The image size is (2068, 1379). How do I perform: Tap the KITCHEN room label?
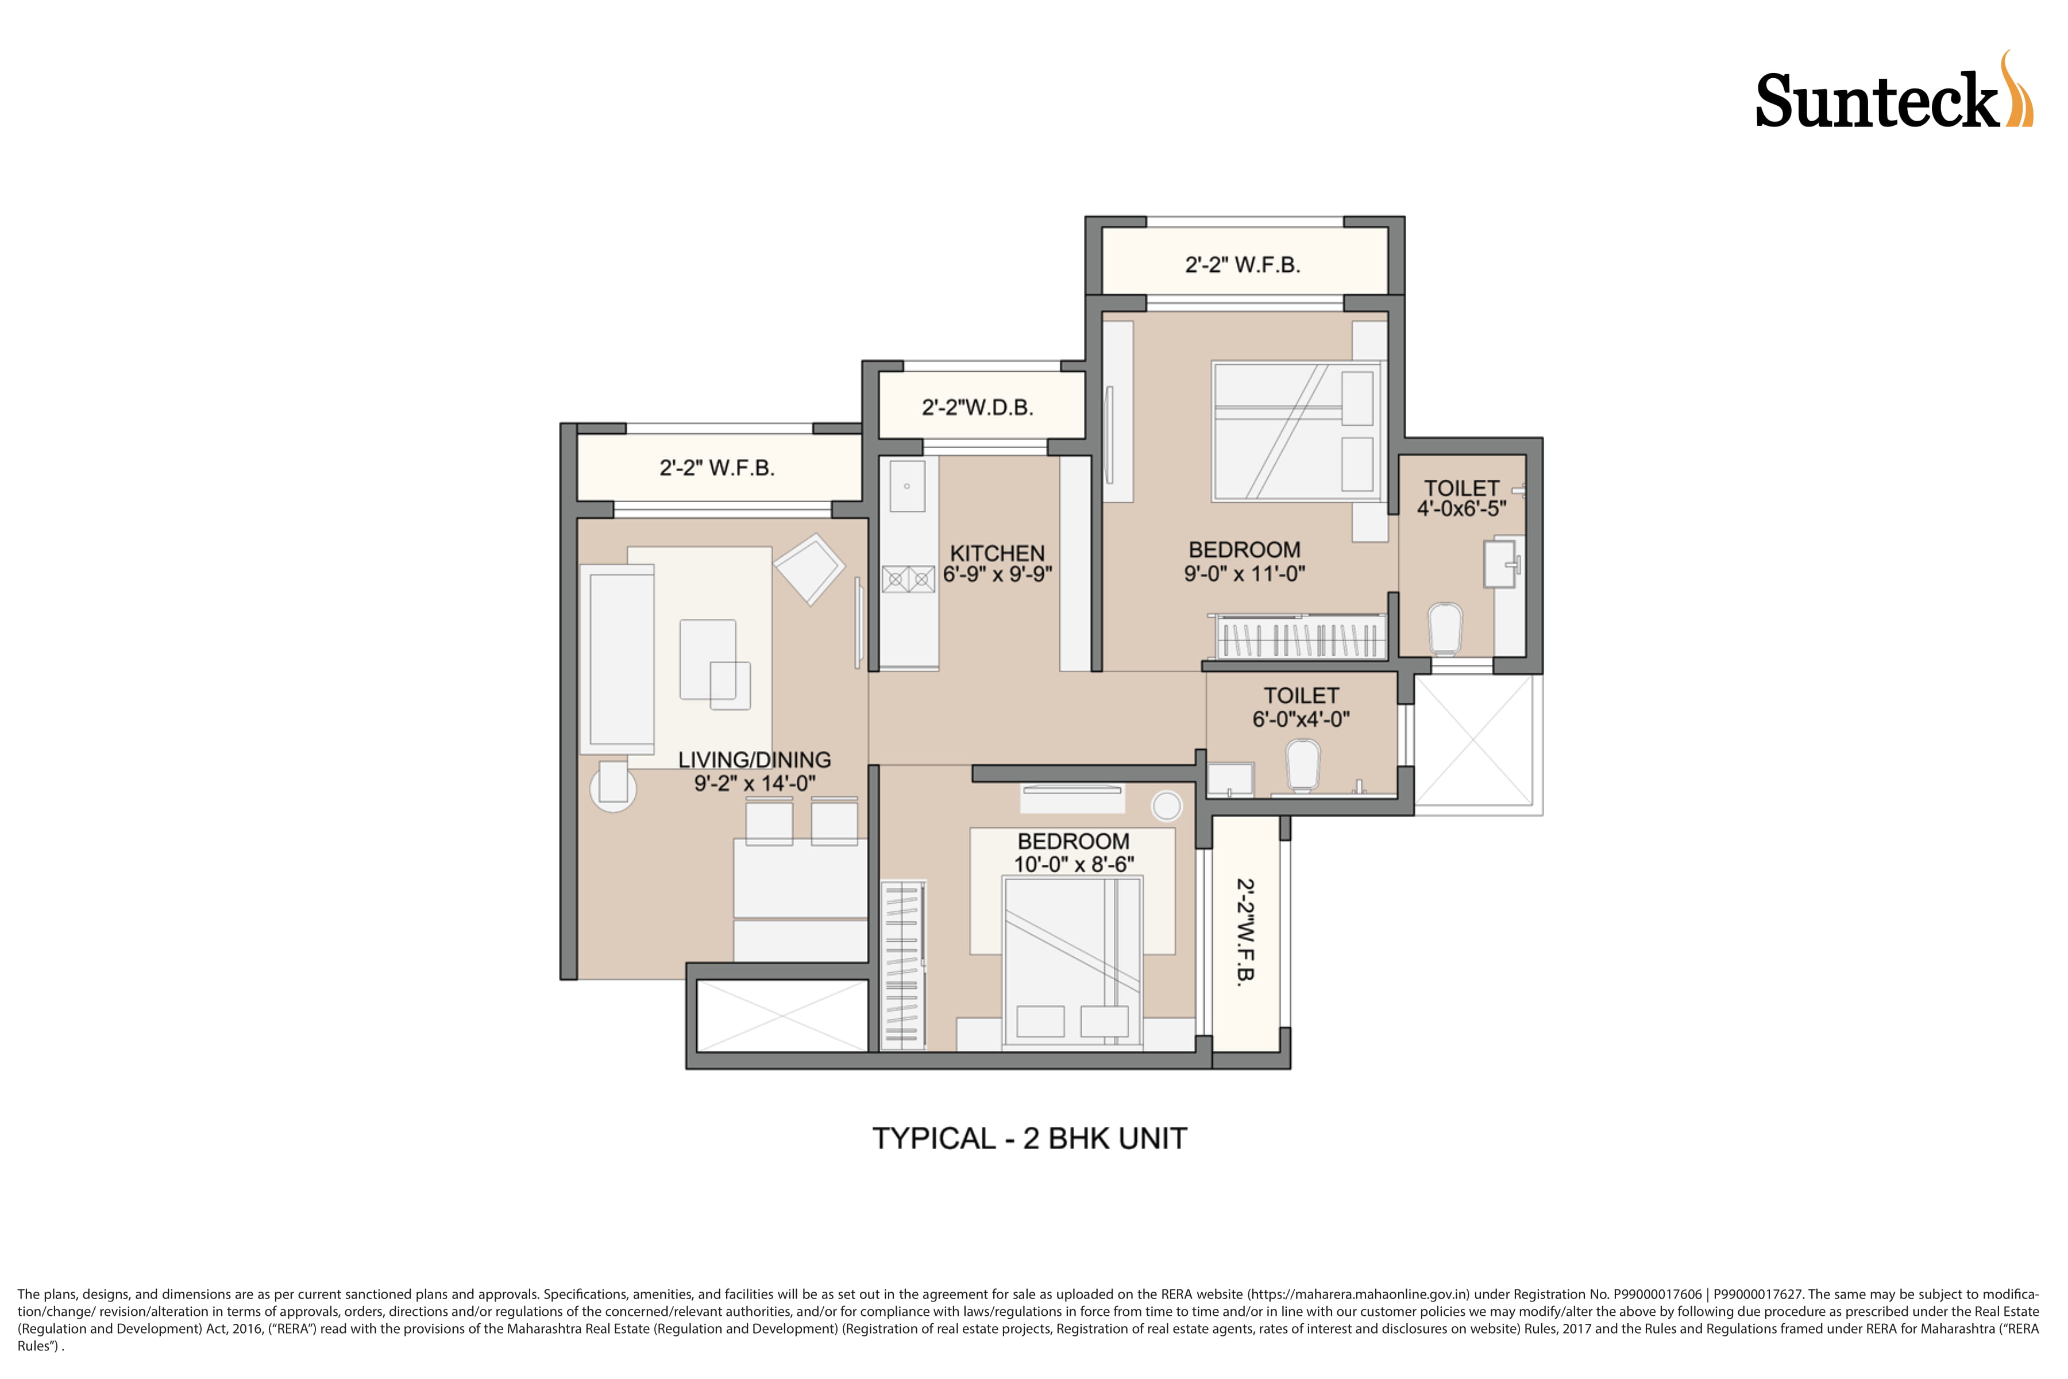997,553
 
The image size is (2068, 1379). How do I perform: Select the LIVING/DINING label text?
754,760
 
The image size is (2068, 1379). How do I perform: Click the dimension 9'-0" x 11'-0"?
1244,573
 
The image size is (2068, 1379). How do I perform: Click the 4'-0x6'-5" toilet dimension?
1461,509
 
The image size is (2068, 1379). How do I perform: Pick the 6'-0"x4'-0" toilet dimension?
1301,719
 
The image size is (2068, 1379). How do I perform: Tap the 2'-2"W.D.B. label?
977,407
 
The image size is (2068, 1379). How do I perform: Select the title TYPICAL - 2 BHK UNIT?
1029,1139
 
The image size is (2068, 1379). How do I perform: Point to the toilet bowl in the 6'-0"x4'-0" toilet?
1303,765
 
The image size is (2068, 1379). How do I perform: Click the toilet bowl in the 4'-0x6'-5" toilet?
1445,628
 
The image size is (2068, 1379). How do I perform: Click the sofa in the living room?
617,660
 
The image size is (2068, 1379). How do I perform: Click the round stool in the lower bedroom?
1167,806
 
